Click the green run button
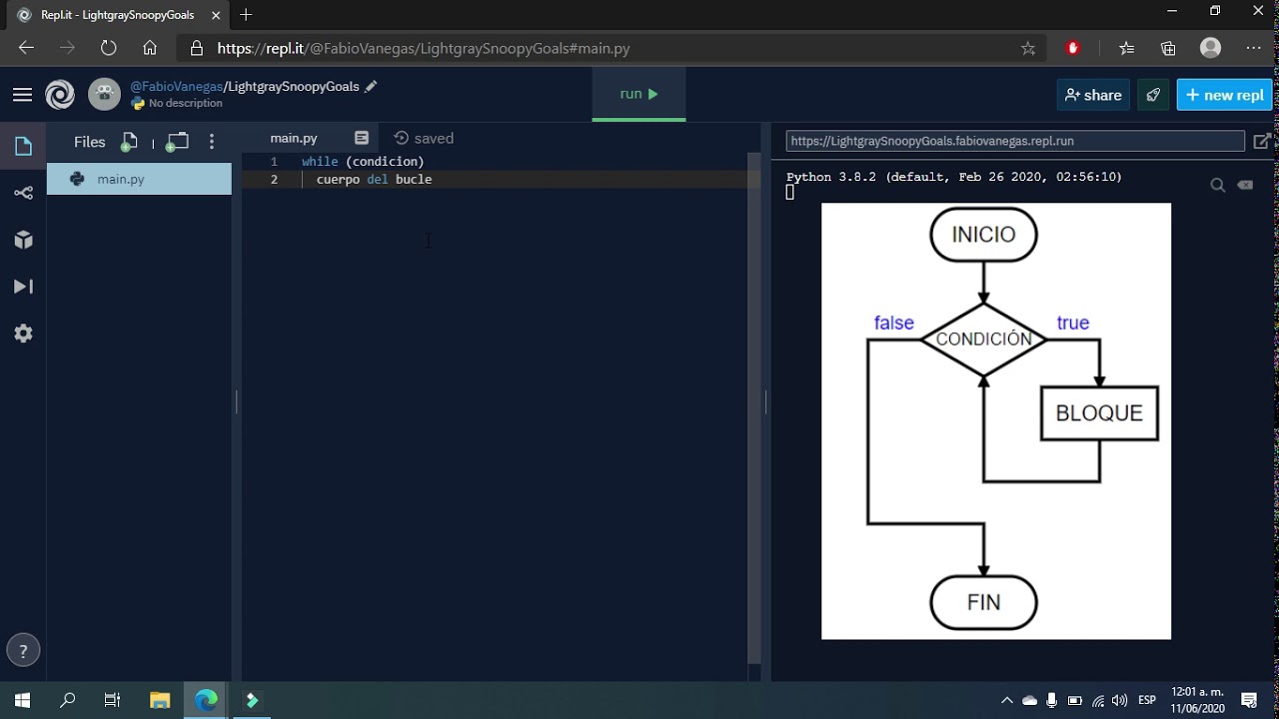(x=639, y=94)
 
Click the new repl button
(x=1224, y=95)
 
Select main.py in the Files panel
(x=121, y=179)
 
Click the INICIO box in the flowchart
(x=983, y=235)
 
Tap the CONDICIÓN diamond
(x=983, y=340)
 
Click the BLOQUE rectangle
(x=1099, y=413)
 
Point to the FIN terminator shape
(x=983, y=602)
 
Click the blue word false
(x=893, y=323)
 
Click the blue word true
(x=1072, y=323)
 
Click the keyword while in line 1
(x=320, y=161)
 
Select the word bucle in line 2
(x=414, y=179)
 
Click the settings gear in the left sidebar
(x=23, y=334)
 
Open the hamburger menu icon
(x=22, y=95)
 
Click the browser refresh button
(x=108, y=48)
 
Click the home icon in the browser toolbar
(x=150, y=48)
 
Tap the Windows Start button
(x=22, y=700)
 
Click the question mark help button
(x=23, y=651)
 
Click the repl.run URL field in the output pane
(x=1014, y=141)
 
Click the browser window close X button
(x=1258, y=11)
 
